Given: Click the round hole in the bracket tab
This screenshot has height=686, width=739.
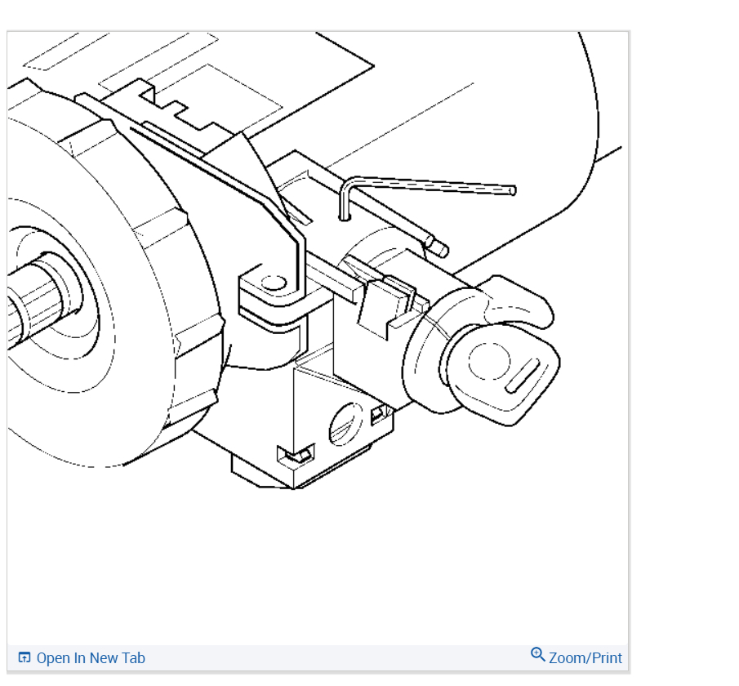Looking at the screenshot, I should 274,283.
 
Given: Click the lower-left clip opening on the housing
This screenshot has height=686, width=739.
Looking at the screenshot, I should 295,454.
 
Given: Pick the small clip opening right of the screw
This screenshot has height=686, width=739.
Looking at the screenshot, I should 378,413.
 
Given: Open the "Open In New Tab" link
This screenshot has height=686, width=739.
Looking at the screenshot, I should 90,658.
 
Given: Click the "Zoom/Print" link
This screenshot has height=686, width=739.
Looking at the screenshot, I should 585,658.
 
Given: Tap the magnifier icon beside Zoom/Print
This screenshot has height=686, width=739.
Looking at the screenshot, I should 537,655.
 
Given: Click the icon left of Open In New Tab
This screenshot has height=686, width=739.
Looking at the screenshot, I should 24,658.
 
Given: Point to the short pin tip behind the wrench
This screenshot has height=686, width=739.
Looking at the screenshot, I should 442,249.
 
